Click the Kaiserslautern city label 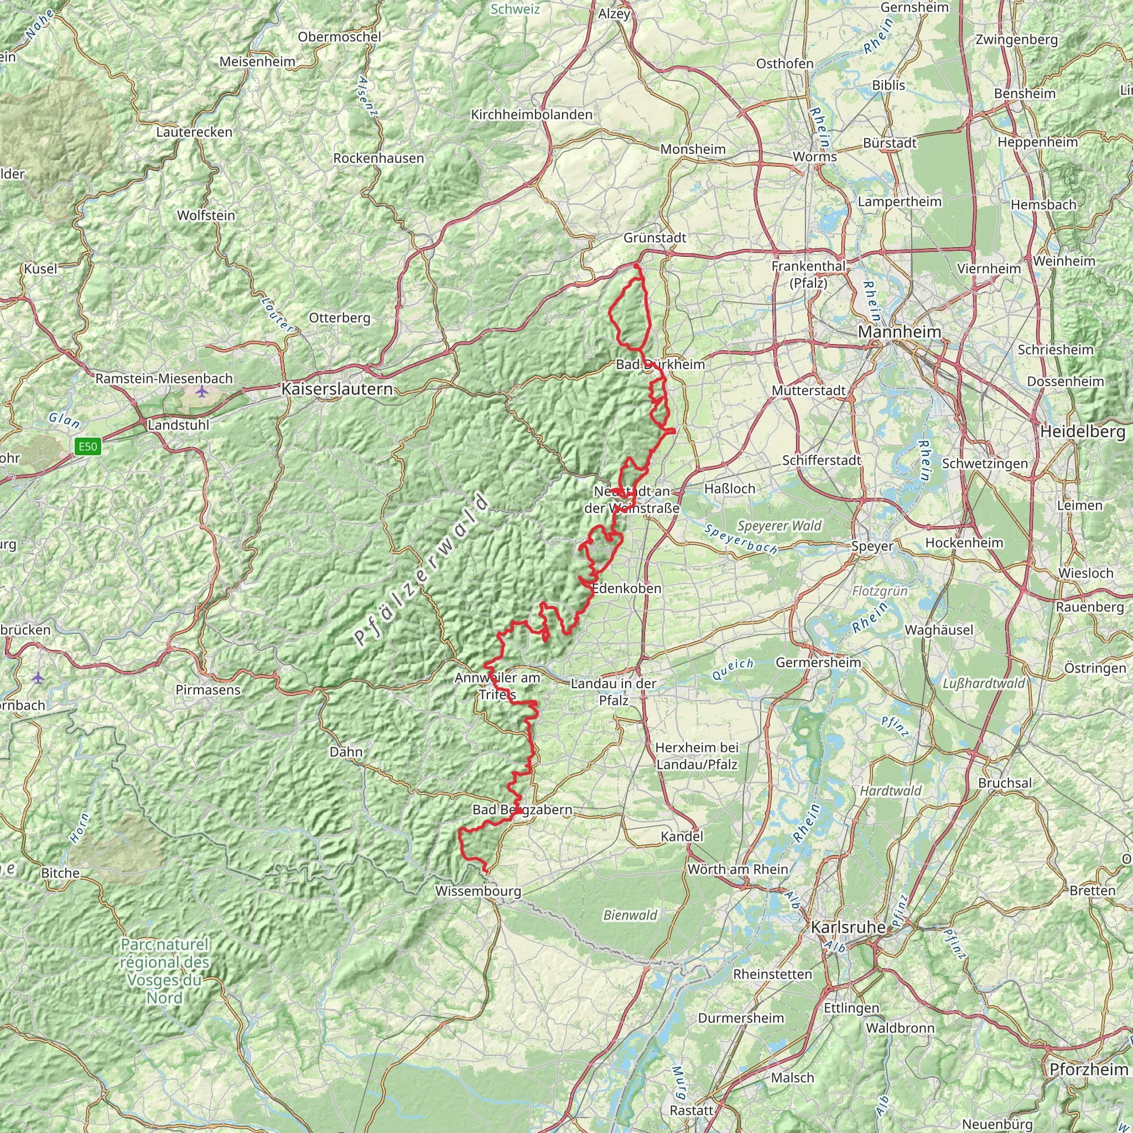point(337,389)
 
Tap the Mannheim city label point(900,332)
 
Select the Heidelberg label point(1083,432)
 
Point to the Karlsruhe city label point(848,927)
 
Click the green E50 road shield point(88,447)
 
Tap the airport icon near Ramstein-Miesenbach point(202,391)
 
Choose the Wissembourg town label point(478,891)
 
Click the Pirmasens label point(208,690)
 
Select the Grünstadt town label point(654,237)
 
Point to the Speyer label point(872,546)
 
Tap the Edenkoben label point(627,588)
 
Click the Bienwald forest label point(631,915)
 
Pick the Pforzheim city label point(1088,1069)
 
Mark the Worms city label point(814,157)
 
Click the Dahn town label point(346,752)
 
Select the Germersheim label point(818,662)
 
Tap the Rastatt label point(692,1110)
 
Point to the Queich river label point(733,668)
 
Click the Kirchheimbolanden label point(532,115)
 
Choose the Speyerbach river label point(741,539)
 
